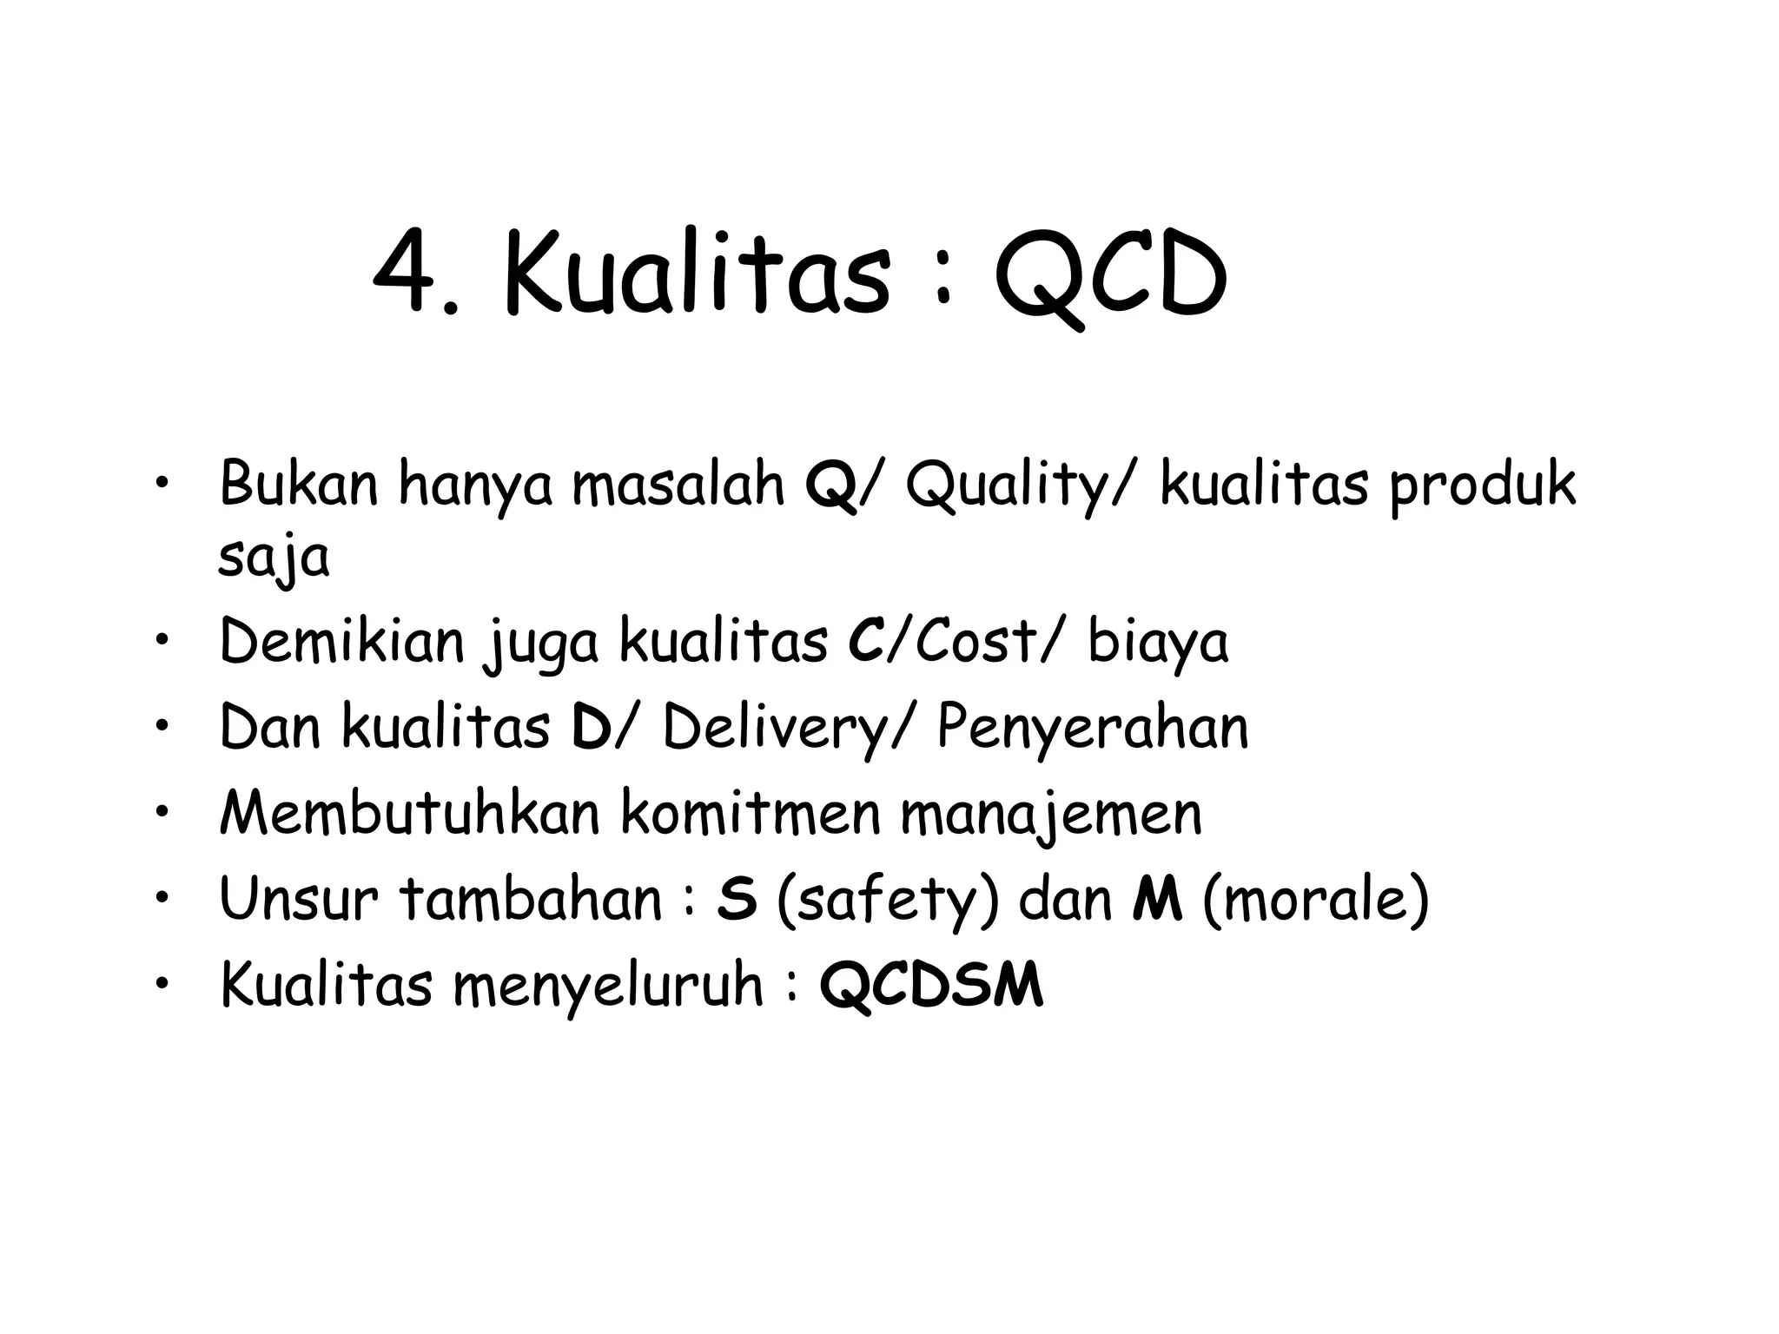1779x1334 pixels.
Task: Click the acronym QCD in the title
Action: (1111, 276)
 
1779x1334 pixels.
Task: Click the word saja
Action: (274, 558)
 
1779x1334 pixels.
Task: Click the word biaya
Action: (1158, 643)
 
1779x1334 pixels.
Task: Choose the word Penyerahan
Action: (1092, 728)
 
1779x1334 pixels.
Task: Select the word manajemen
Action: (1050, 815)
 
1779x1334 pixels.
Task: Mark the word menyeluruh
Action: (607, 987)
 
